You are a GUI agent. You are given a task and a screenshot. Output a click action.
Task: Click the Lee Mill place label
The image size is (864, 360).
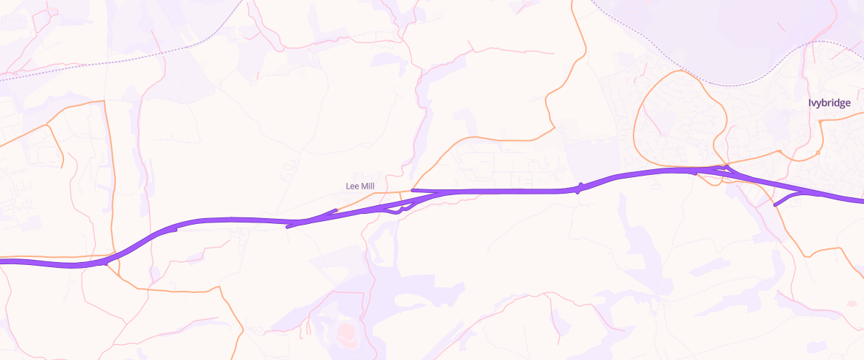[x=360, y=186]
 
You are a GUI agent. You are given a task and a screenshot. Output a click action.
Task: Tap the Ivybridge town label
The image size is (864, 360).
[x=829, y=103]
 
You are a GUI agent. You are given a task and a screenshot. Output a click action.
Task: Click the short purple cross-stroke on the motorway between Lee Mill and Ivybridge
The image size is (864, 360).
[x=579, y=188]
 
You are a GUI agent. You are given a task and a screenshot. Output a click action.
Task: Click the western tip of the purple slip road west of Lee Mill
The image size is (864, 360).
[x=288, y=227]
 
